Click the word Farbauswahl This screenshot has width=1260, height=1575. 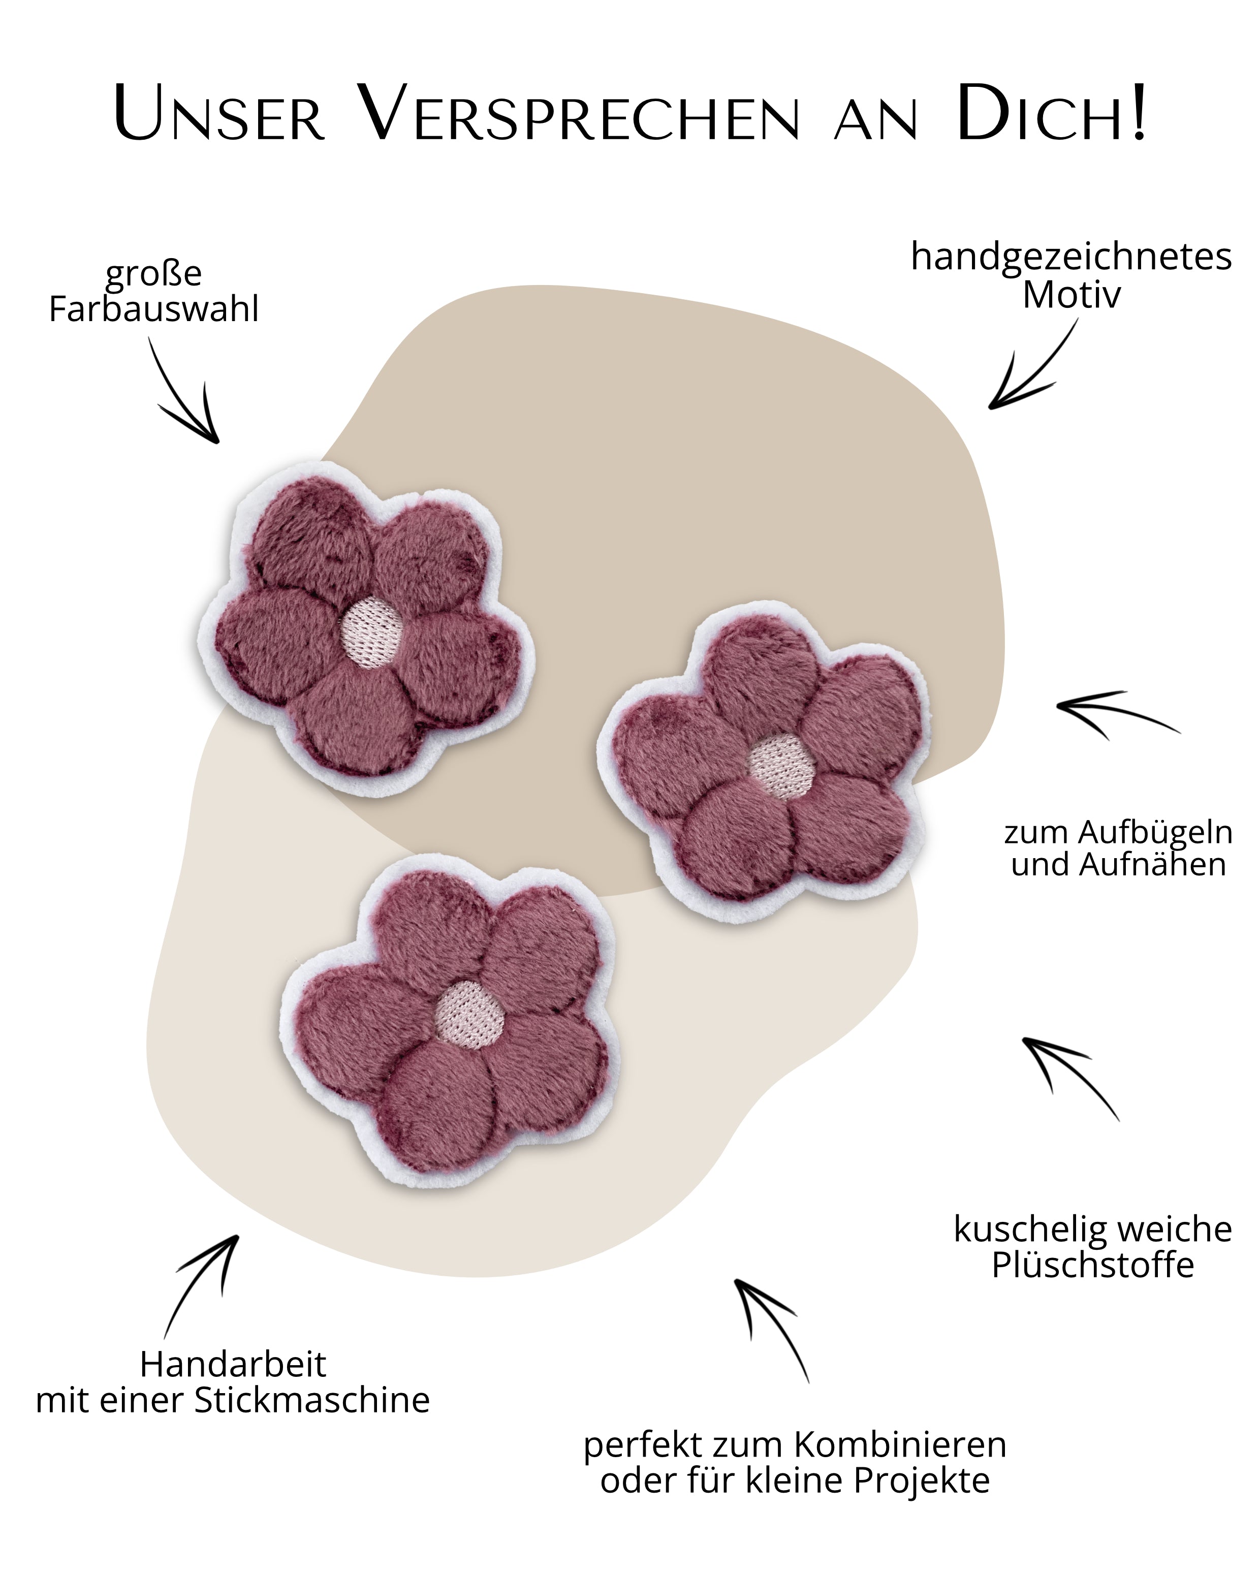click(x=153, y=309)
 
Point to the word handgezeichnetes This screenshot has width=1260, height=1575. click(x=1071, y=257)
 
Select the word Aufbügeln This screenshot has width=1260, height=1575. click(x=1155, y=832)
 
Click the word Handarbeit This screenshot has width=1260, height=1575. click(x=233, y=1364)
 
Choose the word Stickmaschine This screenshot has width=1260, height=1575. click(x=312, y=1400)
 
